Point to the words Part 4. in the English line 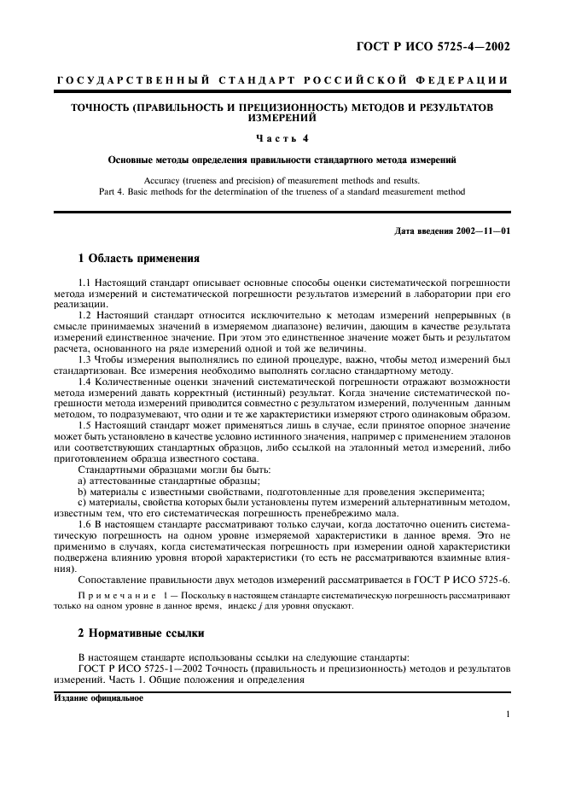[113, 192]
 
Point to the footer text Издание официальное [99, 697]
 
